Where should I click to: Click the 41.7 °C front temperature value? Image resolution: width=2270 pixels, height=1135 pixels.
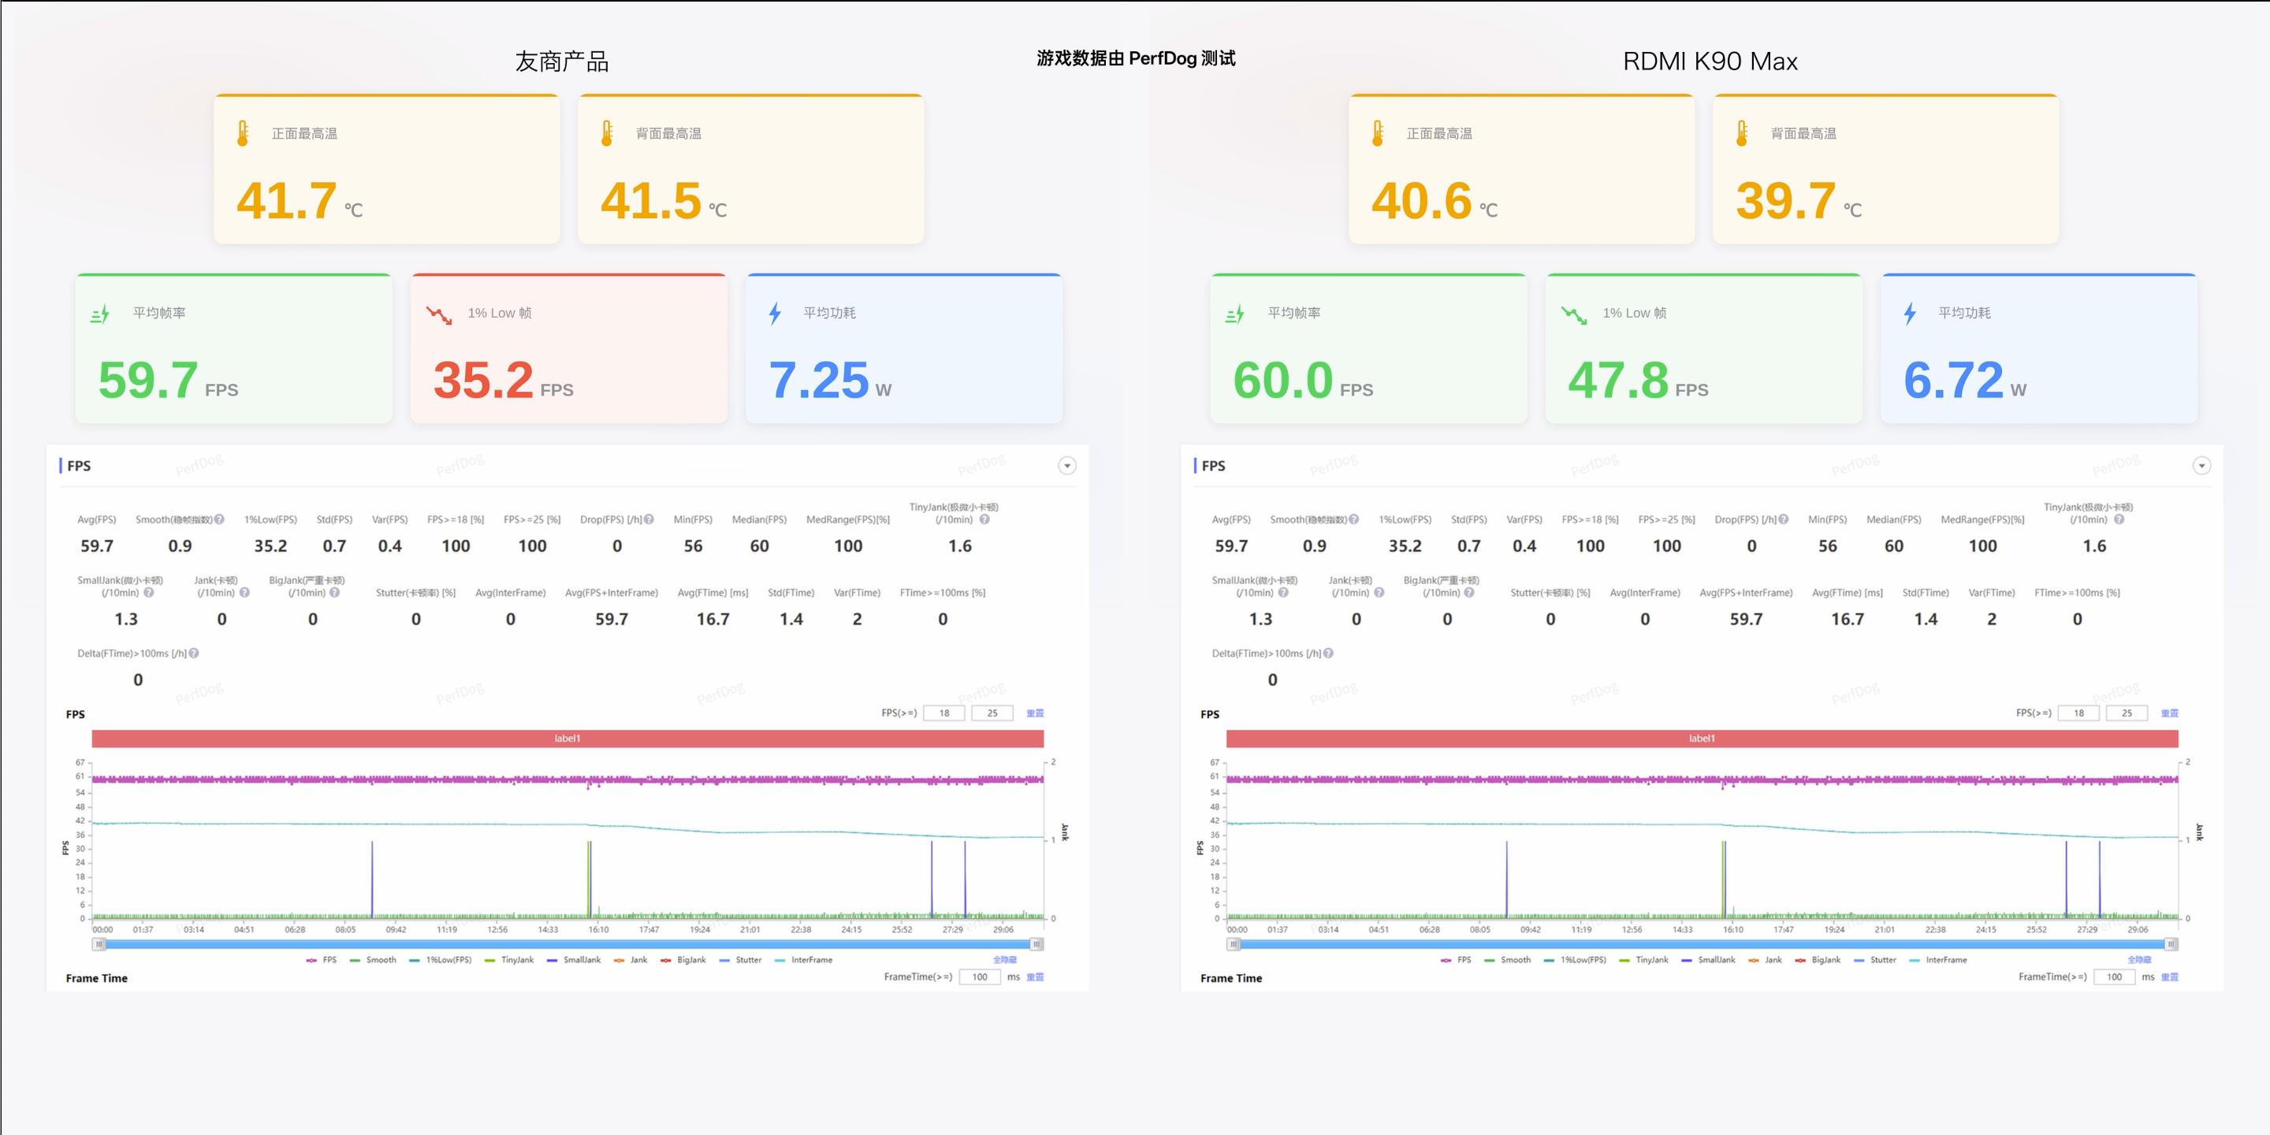[287, 201]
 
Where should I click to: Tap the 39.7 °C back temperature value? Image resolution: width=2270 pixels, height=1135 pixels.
[1786, 201]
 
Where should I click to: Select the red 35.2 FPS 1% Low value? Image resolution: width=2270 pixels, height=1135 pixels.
[484, 380]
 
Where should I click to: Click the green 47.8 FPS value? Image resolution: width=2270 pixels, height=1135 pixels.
[1618, 380]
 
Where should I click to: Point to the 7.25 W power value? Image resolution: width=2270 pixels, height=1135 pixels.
[819, 380]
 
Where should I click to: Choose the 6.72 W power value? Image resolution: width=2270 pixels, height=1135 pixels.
[1954, 380]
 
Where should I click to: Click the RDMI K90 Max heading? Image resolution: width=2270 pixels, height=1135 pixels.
[1710, 61]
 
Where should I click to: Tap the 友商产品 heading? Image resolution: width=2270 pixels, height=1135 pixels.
[562, 61]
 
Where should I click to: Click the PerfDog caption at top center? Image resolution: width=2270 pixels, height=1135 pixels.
[1135, 58]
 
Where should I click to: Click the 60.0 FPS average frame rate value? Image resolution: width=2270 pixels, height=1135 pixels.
[1282, 380]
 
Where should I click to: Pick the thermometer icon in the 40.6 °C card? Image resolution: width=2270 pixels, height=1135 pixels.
[1377, 133]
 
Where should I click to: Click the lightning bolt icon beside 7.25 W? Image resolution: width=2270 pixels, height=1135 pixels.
[775, 313]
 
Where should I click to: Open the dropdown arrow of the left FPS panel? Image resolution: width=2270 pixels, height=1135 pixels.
[1066, 465]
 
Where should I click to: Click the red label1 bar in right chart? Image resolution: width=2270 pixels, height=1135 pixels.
[1702, 739]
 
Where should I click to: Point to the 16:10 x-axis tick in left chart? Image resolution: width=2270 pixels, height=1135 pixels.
[598, 930]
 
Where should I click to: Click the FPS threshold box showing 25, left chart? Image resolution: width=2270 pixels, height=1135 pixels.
[992, 713]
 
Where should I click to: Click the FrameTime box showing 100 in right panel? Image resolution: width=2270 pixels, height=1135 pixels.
[2114, 977]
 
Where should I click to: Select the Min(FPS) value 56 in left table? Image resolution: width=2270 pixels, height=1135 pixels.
[693, 545]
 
